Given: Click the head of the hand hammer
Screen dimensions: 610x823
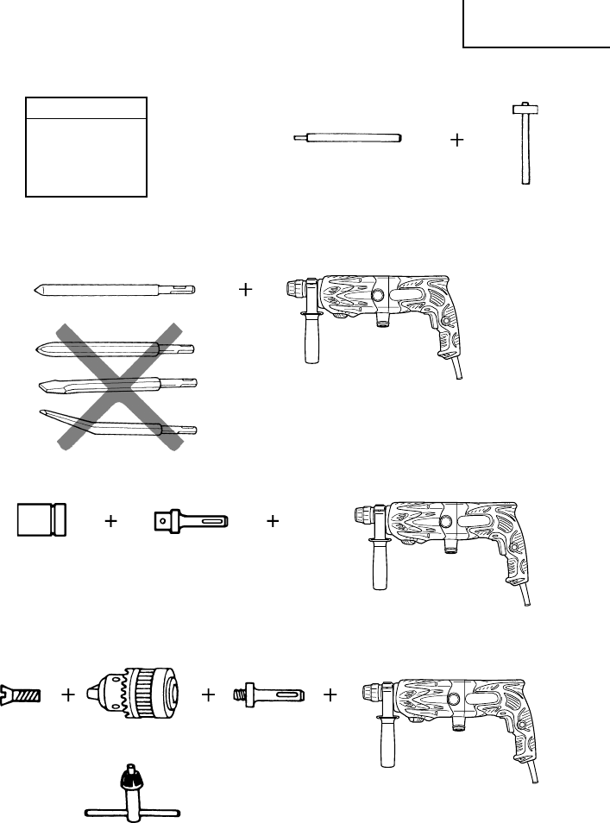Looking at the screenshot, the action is pyautogui.click(x=524, y=110).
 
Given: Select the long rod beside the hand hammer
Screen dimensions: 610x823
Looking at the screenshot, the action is pyautogui.click(x=349, y=139).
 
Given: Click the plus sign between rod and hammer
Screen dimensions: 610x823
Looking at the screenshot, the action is pyautogui.click(x=457, y=140).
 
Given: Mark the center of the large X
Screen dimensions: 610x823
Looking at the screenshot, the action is pyautogui.click(x=121, y=385).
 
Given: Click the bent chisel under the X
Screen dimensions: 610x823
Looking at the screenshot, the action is pyautogui.click(x=116, y=423).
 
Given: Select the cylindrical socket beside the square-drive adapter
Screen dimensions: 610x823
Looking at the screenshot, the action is pyautogui.click(x=41, y=520).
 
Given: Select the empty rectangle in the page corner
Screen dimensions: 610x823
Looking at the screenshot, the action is pyautogui.click(x=536, y=24).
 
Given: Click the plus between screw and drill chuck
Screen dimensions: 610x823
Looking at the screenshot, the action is pyautogui.click(x=68, y=694).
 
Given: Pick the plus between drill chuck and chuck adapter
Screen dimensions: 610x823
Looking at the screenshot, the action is pyautogui.click(x=208, y=694).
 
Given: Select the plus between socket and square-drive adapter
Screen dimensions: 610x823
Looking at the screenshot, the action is pyautogui.click(x=110, y=521).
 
